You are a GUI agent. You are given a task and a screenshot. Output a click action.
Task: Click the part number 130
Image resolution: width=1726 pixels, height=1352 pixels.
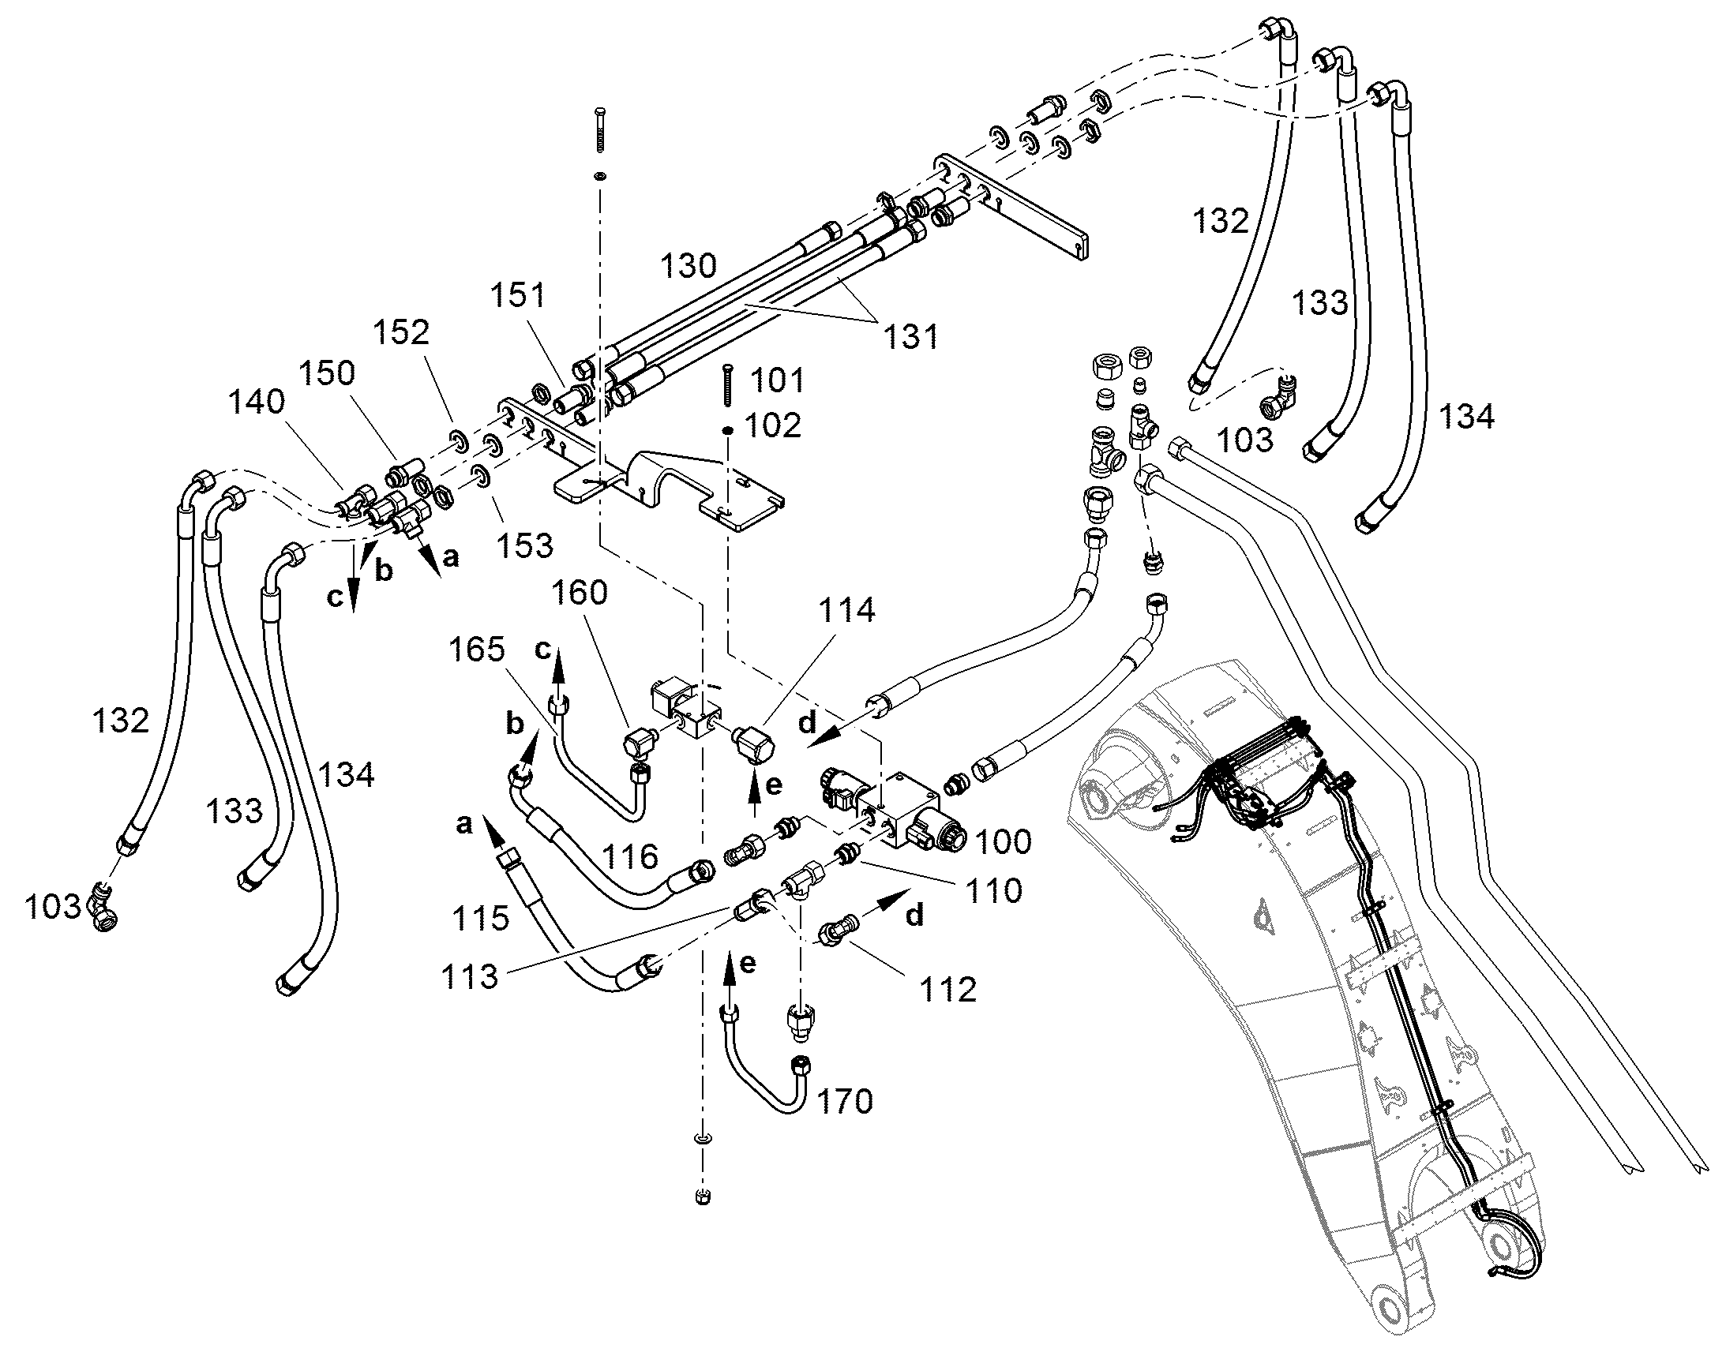coord(689,266)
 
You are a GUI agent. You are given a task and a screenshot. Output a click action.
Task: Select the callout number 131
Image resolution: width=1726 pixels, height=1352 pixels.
coord(912,337)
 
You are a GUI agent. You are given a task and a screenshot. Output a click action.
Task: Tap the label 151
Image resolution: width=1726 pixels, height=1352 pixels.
coord(518,295)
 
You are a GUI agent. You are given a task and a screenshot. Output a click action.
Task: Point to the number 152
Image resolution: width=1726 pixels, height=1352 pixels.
coord(402,332)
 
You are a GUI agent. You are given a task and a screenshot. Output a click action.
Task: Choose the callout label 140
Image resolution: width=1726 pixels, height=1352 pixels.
coord(257,402)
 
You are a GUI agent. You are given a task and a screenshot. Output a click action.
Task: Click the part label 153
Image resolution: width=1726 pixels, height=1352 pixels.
coord(526,545)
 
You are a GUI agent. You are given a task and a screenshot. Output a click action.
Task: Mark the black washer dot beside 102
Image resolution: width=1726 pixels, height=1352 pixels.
coord(727,430)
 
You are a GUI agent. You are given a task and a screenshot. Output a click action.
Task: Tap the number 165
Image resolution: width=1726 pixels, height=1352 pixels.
coord(477,649)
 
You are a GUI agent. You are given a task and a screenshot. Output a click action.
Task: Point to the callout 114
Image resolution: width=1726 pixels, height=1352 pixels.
coord(847,609)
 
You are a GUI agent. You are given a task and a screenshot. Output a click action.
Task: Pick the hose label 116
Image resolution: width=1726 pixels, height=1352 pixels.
coord(629,856)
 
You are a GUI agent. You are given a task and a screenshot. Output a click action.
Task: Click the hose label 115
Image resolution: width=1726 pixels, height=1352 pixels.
coord(481,918)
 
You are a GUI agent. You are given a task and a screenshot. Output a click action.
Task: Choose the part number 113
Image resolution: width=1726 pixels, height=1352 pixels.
coord(471,977)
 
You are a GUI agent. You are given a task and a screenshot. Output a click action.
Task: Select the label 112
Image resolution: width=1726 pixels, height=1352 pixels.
coord(948,990)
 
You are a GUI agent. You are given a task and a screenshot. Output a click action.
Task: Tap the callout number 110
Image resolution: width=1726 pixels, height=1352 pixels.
coord(994,890)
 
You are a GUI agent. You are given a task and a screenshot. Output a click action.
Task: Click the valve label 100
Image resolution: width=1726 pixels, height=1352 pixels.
coord(1004,841)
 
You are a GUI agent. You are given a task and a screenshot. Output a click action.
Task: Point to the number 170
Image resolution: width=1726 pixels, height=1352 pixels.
coord(845,1101)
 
